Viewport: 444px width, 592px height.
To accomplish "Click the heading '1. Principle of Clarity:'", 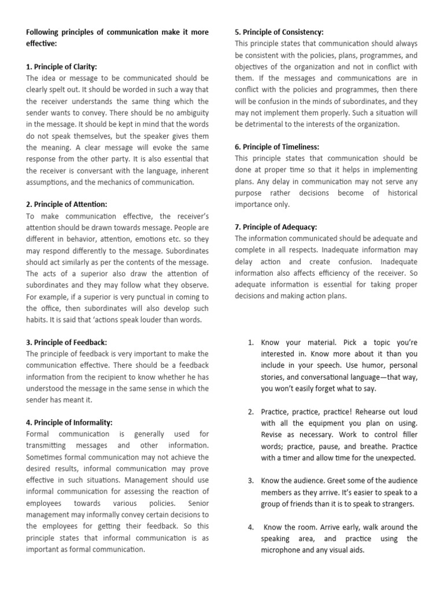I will pos(62,66).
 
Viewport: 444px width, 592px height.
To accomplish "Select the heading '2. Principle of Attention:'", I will pos(66,204).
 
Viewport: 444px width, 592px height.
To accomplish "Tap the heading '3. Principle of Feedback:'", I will pos(66,342).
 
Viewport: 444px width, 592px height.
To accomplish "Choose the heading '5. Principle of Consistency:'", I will pos(279,32).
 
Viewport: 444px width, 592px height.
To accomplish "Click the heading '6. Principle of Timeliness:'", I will pos(277,147).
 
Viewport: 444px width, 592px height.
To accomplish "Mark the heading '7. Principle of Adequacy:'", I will pos(276,227).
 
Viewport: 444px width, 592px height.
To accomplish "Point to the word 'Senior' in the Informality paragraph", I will pos(197,503).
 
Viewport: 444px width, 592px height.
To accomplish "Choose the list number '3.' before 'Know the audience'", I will pos(251,481).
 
